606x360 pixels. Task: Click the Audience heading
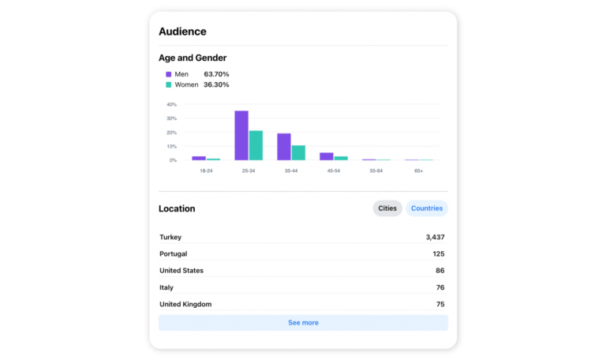pyautogui.click(x=182, y=32)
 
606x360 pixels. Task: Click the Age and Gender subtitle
pyautogui.click(x=193, y=58)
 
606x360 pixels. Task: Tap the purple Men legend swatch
pyautogui.click(x=168, y=74)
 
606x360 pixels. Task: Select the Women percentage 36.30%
pyautogui.click(x=216, y=84)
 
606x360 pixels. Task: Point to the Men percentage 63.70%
pyautogui.click(x=216, y=74)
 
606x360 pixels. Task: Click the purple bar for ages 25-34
pyautogui.click(x=241, y=136)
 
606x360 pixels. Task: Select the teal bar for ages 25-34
pyautogui.click(x=256, y=145)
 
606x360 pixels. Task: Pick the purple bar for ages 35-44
pyautogui.click(x=284, y=147)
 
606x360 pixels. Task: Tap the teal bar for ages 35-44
pyautogui.click(x=298, y=152)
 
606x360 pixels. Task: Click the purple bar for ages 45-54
pyautogui.click(x=327, y=156)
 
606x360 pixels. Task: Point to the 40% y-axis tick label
pyautogui.click(x=171, y=104)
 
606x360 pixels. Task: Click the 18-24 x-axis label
pyautogui.click(x=205, y=171)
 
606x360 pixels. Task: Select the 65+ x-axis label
pyautogui.click(x=418, y=171)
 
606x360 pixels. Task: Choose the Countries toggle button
pyautogui.click(x=426, y=208)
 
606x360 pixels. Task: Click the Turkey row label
pyautogui.click(x=170, y=237)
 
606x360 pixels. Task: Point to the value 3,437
pyautogui.click(x=435, y=237)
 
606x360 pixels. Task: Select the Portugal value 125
pyautogui.click(x=438, y=253)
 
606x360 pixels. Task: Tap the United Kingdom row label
pyautogui.click(x=185, y=304)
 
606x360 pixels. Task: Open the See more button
pyautogui.click(x=303, y=322)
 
